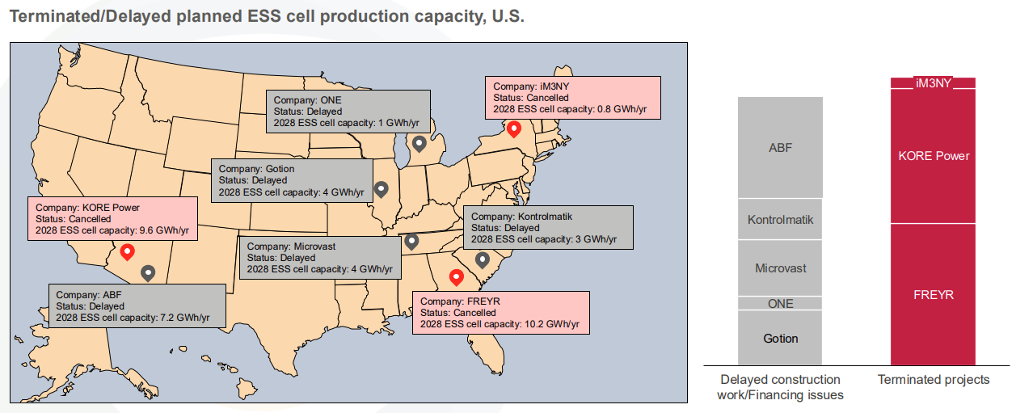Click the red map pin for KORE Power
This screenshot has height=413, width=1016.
pyautogui.click(x=127, y=252)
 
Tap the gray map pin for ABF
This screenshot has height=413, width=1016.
pyautogui.click(x=148, y=273)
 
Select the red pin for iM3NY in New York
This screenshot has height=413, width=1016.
pyautogui.click(x=513, y=129)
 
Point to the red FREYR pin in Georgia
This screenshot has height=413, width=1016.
pyautogui.click(x=456, y=277)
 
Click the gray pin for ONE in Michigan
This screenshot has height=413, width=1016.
pyautogui.click(x=419, y=144)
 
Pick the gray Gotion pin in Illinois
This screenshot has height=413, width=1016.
pyautogui.click(x=382, y=189)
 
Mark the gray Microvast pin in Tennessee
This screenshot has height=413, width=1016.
pyautogui.click(x=411, y=241)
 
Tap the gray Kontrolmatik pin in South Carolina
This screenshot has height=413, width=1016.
pyautogui.click(x=483, y=259)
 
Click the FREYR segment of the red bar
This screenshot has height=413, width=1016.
pyautogui.click(x=934, y=294)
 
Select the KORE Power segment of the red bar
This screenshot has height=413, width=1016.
pyautogui.click(x=934, y=155)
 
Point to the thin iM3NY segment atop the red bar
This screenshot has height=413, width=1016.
pyautogui.click(x=934, y=82)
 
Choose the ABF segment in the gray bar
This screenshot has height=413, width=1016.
pyautogui.click(x=780, y=148)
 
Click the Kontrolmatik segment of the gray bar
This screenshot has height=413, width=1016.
pyautogui.click(x=780, y=219)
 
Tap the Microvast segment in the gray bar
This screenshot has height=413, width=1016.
pyautogui.click(x=780, y=268)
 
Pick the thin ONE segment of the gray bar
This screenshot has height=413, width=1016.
pyautogui.click(x=780, y=304)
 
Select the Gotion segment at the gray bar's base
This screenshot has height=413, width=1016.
pyautogui.click(x=780, y=338)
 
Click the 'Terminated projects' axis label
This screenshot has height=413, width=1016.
pyautogui.click(x=934, y=380)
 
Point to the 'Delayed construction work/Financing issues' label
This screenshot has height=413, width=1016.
pyautogui.click(x=780, y=387)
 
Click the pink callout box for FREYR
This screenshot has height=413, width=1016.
pyautogui.click(x=500, y=313)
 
